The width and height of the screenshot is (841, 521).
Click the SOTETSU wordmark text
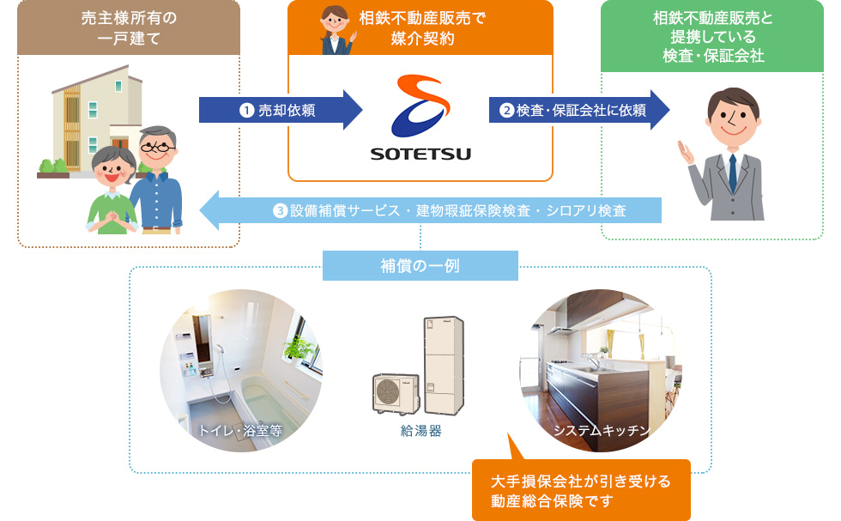click(x=420, y=154)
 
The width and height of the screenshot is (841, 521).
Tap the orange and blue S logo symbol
click(x=420, y=106)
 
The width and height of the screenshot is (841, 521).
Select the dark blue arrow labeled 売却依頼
click(x=281, y=110)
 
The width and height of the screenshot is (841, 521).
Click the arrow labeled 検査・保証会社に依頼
click(x=579, y=110)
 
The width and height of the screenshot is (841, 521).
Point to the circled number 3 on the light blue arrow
click(x=280, y=210)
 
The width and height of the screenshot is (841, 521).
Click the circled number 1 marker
click(x=246, y=111)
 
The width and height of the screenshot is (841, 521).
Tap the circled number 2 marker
click(x=506, y=111)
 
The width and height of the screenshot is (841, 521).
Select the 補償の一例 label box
click(x=420, y=265)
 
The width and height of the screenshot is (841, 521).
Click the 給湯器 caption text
click(x=421, y=431)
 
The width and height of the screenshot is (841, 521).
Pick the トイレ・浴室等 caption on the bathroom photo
click(x=239, y=430)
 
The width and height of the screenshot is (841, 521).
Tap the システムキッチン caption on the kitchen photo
click(x=602, y=430)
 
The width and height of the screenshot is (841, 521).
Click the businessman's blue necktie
click(x=733, y=173)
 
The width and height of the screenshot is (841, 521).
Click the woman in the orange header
click(x=336, y=30)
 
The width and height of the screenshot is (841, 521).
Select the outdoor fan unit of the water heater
click(x=396, y=394)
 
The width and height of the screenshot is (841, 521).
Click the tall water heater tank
click(x=445, y=365)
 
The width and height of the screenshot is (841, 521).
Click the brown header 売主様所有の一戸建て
click(x=129, y=27)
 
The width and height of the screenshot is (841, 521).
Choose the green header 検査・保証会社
click(x=712, y=36)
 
